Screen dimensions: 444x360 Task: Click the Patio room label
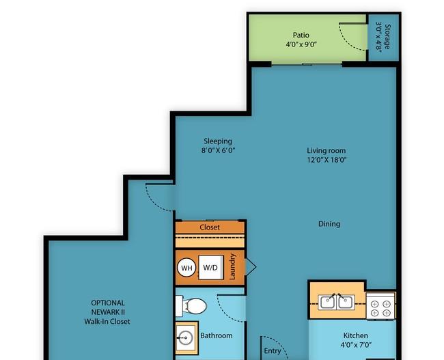(x=301, y=35)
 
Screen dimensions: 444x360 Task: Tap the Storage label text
(x=387, y=36)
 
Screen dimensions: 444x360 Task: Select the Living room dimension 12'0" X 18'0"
(x=327, y=160)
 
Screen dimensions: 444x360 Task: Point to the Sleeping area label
(x=218, y=141)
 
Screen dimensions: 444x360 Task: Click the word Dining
(x=329, y=224)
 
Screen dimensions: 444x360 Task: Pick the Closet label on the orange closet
(x=210, y=227)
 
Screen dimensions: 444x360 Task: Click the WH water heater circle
(x=186, y=268)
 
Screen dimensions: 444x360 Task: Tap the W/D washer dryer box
(x=211, y=268)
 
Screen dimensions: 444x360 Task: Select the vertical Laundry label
(x=232, y=266)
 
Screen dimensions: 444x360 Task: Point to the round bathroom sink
(x=186, y=337)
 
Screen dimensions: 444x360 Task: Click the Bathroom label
(x=217, y=335)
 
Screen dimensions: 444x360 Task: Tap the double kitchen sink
(x=336, y=302)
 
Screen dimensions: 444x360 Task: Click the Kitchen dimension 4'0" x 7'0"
(x=356, y=345)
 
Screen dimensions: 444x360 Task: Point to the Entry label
(x=273, y=351)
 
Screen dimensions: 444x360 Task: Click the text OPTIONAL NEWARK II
(x=108, y=307)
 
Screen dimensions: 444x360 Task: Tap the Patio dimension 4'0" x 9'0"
(x=301, y=44)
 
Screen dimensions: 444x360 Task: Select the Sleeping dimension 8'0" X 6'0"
(x=218, y=150)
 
